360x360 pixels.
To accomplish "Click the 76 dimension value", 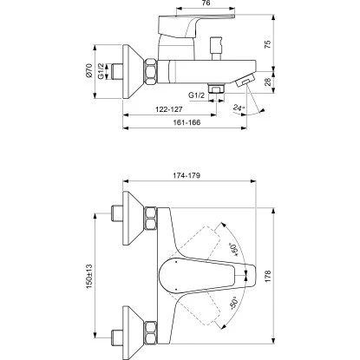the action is [206, 3].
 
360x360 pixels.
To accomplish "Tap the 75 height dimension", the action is [268, 44].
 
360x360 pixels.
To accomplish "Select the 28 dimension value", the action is [269, 82].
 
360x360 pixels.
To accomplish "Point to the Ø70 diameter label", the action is [88, 70].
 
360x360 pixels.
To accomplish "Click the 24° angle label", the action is [239, 108].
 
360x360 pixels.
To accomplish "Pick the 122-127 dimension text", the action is [169, 109].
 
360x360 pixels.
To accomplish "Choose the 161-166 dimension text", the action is [187, 122].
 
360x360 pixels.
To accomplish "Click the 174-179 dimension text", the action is [187, 175].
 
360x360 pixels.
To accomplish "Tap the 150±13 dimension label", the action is [88, 276].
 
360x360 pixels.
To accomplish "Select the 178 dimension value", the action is [268, 276].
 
